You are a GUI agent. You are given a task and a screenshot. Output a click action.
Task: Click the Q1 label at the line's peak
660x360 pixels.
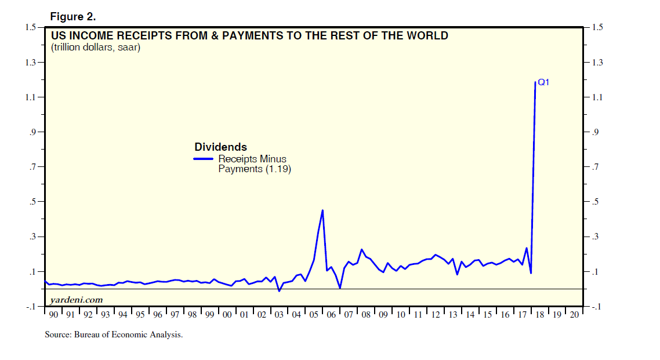click(543, 82)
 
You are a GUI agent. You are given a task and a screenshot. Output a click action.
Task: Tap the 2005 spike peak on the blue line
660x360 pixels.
click(322, 210)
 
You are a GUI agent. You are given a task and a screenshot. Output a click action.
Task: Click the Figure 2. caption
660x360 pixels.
click(73, 17)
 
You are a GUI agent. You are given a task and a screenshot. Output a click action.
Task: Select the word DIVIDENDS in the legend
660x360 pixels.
click(220, 147)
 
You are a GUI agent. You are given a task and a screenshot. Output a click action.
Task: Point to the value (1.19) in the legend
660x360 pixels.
click(278, 170)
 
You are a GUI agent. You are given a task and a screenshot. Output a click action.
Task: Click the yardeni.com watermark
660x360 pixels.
click(77, 299)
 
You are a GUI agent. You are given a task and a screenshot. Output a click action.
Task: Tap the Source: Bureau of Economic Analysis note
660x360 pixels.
click(114, 334)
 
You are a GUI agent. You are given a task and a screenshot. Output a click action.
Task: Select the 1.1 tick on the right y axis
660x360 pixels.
click(597, 97)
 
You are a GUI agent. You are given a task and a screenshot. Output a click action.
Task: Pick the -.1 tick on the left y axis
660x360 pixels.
click(32, 307)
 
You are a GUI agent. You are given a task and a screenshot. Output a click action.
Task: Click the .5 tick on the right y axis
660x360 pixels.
click(595, 202)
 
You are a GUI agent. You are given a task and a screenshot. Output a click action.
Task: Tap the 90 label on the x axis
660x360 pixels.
click(53, 315)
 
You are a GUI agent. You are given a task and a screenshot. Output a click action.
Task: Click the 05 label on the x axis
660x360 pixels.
click(314, 315)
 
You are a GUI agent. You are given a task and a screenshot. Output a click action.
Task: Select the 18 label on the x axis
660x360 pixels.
click(540, 315)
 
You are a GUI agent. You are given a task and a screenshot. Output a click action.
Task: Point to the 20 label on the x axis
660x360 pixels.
click(575, 315)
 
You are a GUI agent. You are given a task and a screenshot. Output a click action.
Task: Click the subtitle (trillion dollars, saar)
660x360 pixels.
click(96, 47)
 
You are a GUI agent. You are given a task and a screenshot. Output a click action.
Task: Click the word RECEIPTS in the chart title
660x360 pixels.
click(140, 35)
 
